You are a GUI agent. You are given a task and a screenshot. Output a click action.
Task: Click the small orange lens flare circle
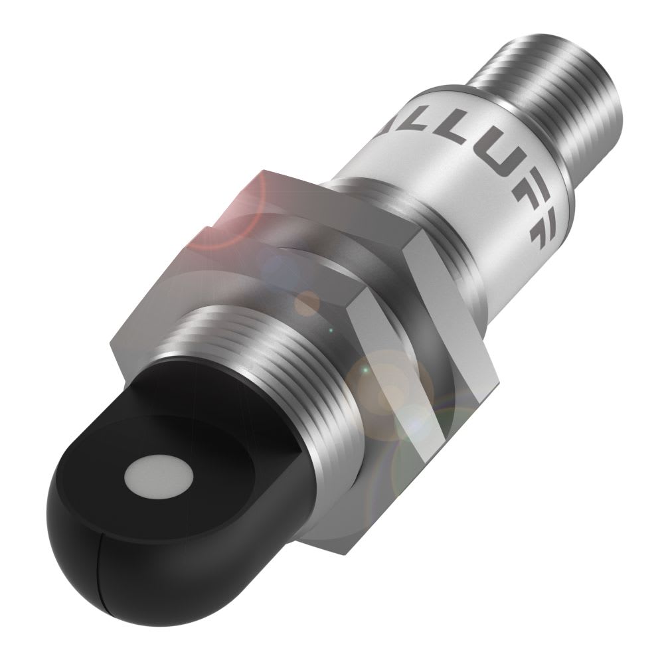pyautogui.click(x=307, y=303)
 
